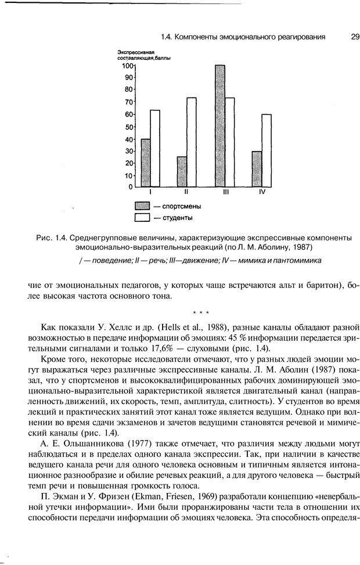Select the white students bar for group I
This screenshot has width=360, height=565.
(x=155, y=149)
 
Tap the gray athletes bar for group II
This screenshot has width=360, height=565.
(x=182, y=172)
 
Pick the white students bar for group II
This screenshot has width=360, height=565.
(x=191, y=142)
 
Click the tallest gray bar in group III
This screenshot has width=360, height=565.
(x=219, y=126)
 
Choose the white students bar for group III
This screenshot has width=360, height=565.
(x=229, y=142)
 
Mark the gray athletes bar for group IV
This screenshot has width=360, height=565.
(x=257, y=169)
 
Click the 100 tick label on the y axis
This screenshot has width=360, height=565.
(x=127, y=66)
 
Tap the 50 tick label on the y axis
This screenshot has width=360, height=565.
(x=128, y=127)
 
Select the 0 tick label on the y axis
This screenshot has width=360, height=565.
(x=130, y=187)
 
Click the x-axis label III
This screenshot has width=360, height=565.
(x=225, y=192)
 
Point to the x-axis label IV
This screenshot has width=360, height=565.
(x=262, y=192)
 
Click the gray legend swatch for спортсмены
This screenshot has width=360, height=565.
(x=142, y=206)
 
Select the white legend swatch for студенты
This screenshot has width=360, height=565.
(x=142, y=218)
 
